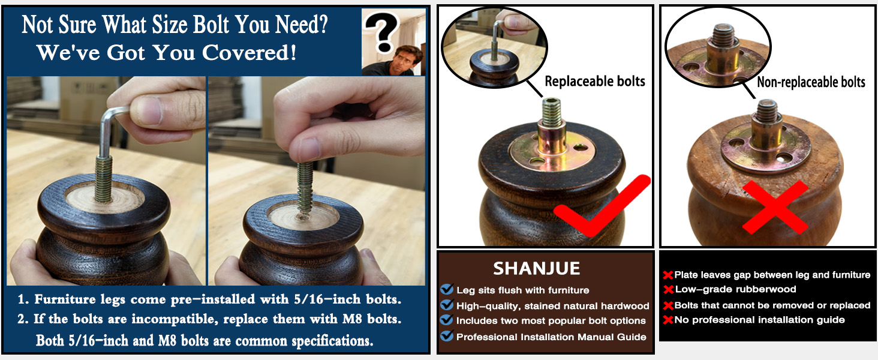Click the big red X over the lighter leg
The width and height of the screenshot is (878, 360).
click(x=775, y=207)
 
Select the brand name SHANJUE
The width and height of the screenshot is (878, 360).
click(x=536, y=269)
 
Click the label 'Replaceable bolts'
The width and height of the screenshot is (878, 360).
click(x=594, y=81)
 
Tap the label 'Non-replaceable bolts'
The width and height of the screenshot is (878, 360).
click(x=811, y=82)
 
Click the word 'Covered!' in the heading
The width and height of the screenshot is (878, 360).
click(x=249, y=52)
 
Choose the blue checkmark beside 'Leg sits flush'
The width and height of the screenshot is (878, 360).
click(x=447, y=289)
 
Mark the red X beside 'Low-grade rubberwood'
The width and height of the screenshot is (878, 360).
click(x=668, y=290)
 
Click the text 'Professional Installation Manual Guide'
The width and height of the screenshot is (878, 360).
click(x=551, y=337)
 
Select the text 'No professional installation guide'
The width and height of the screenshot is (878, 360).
click(x=759, y=320)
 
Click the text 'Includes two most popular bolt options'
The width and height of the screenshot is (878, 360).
click(x=551, y=321)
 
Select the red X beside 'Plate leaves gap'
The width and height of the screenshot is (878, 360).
click(x=668, y=275)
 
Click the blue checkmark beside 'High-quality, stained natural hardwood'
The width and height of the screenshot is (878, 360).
click(x=447, y=305)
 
